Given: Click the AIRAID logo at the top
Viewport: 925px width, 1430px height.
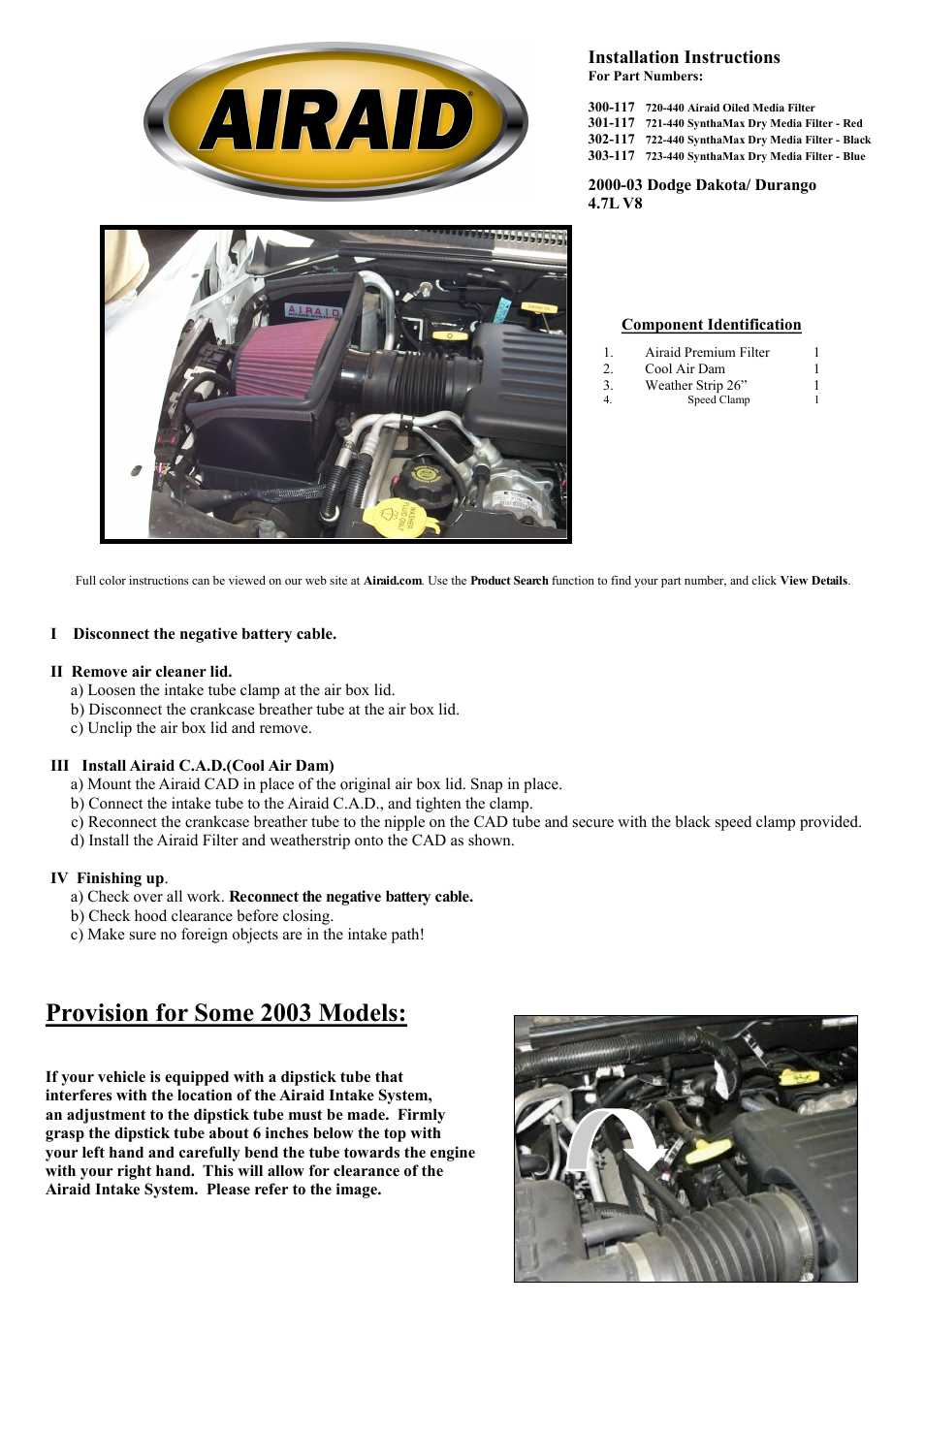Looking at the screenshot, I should [x=335, y=121].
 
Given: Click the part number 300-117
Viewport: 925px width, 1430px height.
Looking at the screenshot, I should [x=611, y=108].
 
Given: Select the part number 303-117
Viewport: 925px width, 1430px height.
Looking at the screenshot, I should [x=611, y=156].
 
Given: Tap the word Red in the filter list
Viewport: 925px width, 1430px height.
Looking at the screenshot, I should [x=852, y=124].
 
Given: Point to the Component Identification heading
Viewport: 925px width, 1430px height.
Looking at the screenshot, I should [x=711, y=325].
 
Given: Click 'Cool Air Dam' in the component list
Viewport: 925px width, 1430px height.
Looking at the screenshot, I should [x=685, y=369].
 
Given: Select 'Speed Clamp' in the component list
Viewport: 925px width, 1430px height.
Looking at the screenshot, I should [x=718, y=400].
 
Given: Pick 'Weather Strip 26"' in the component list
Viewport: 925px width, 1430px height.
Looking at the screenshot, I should [x=695, y=386].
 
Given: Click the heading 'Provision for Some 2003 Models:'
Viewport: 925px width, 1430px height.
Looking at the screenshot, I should [x=226, y=1013].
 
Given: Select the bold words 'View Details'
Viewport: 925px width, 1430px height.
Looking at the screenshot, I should [x=813, y=582].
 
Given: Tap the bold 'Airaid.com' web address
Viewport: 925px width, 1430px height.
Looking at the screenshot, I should [x=393, y=582].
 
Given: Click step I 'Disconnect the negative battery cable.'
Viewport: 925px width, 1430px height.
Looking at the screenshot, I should [x=205, y=634].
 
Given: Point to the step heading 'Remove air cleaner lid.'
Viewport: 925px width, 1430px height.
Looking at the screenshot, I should [x=151, y=672].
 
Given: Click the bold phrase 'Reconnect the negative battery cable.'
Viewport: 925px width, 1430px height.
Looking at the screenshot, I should [x=351, y=897].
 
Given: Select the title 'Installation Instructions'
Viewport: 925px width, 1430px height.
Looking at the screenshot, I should [x=684, y=58].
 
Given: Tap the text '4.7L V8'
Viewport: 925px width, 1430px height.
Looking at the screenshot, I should [x=615, y=204].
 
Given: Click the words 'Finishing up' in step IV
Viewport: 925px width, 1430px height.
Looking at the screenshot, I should [x=120, y=878].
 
